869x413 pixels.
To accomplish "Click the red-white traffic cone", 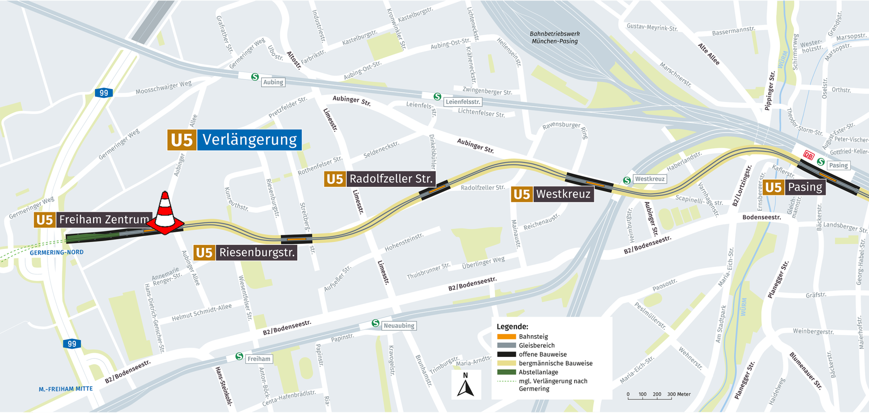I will click(166, 213).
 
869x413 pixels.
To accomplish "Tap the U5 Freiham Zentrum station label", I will click(93, 220).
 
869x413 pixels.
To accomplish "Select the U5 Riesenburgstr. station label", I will click(246, 252).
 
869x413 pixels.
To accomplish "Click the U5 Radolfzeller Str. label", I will click(380, 179).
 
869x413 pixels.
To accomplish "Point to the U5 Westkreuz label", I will click(552, 195).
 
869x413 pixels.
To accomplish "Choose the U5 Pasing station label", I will click(794, 187).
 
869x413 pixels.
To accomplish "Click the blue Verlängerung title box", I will click(249, 140).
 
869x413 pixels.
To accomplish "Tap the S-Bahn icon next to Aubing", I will click(255, 77).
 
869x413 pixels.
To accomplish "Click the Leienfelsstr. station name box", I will click(463, 102).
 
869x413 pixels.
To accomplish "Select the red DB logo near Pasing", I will click(808, 156).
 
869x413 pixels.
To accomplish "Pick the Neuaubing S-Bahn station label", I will click(399, 326).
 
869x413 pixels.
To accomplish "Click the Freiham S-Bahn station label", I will click(259, 359).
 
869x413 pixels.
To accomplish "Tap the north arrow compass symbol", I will click(466, 385).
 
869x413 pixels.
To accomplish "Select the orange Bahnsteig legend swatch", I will click(506, 337).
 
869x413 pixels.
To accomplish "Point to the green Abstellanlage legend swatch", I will click(506, 372).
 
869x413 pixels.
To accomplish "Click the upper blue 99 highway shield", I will click(104, 93).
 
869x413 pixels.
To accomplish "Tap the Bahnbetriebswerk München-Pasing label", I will click(554, 38).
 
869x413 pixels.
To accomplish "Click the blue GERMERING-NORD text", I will click(57, 252).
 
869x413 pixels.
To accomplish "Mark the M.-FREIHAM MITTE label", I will click(66, 389).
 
